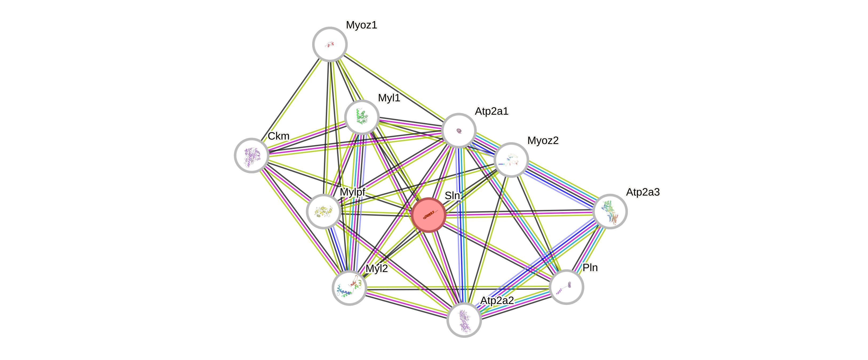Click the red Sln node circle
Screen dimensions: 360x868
click(x=429, y=215)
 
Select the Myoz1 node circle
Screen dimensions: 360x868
click(x=330, y=44)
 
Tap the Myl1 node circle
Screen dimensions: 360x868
click(x=362, y=117)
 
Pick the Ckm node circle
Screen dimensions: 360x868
click(x=251, y=155)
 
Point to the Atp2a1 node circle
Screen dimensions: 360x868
click(x=459, y=130)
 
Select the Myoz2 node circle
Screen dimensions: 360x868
click(x=511, y=160)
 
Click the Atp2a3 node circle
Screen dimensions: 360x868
click(x=609, y=211)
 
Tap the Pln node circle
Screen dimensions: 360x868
click(x=566, y=287)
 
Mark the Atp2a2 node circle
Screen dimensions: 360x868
click(x=464, y=319)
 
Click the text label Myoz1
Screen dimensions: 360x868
click(x=362, y=25)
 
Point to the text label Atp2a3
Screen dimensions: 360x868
click(x=643, y=192)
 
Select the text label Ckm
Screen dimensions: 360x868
click(x=279, y=136)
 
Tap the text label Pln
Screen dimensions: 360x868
click(x=590, y=268)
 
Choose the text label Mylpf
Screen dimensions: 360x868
click(x=352, y=192)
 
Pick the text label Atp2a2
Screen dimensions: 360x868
click(x=497, y=300)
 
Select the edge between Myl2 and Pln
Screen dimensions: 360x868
click(x=458, y=287)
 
